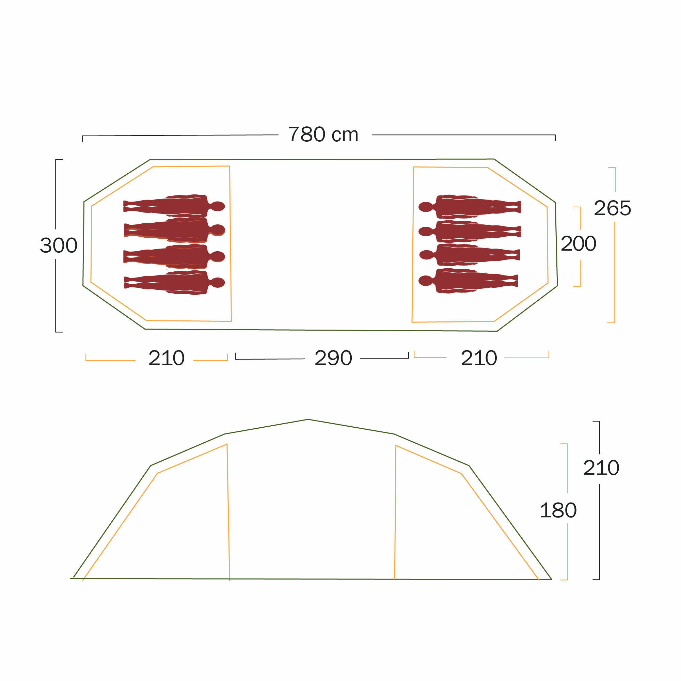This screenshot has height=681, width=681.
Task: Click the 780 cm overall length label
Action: [x=323, y=134]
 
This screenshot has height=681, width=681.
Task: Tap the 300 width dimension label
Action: [x=59, y=245]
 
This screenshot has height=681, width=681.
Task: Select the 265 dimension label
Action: [x=612, y=208]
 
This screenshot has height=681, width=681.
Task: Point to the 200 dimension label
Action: [x=579, y=243]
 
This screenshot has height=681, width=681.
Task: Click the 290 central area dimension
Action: [x=333, y=358]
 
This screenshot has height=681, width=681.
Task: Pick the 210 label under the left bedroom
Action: [x=167, y=358]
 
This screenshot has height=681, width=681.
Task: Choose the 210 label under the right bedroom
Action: [x=479, y=358]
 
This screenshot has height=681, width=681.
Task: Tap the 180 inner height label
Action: [x=558, y=510]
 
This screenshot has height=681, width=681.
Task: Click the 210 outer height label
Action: [x=601, y=468]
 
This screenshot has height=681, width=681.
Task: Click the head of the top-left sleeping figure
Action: [x=218, y=206]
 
